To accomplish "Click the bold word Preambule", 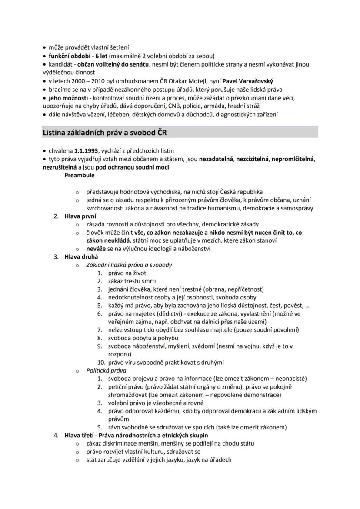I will (80, 175).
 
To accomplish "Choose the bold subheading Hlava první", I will (80, 216).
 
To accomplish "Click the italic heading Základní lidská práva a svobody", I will (129, 265).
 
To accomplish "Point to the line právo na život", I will (127, 273).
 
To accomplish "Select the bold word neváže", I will (96, 249).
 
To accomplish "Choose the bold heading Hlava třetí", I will (80, 435).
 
